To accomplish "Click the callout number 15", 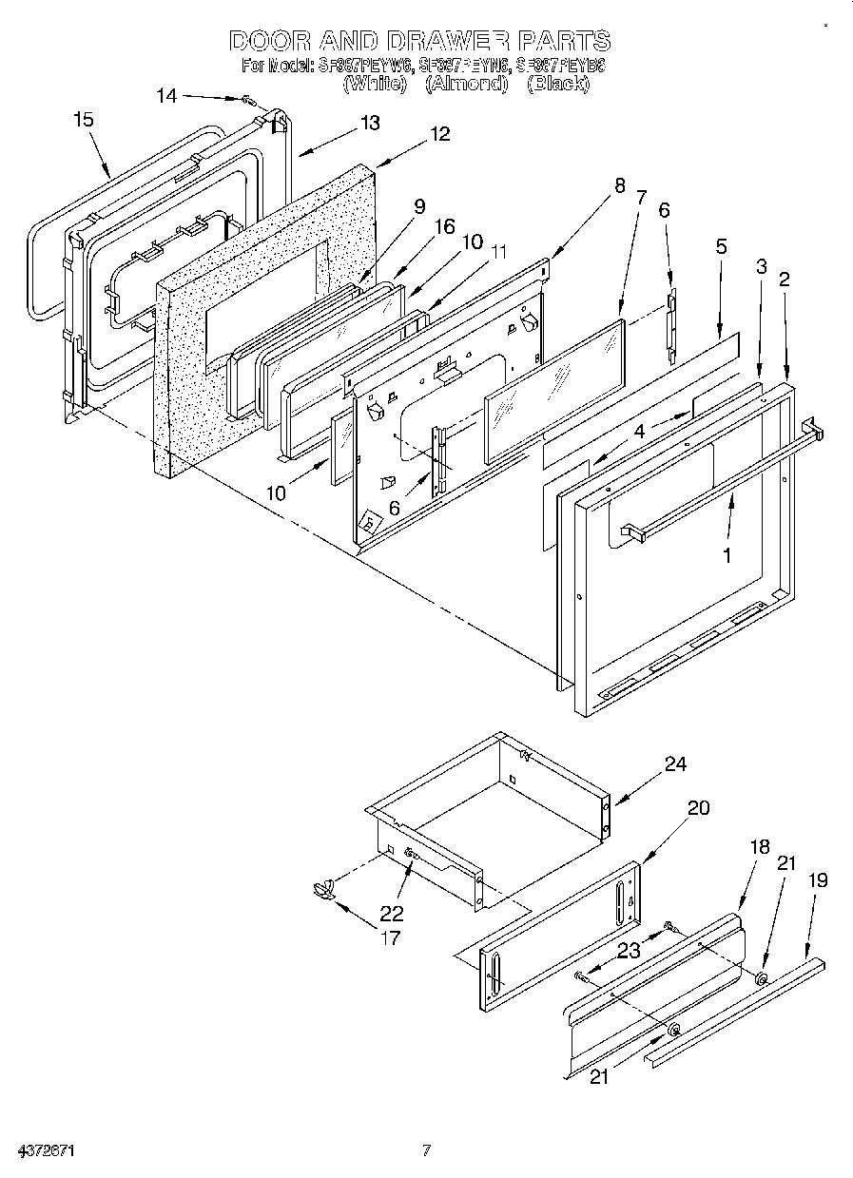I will tap(84, 119).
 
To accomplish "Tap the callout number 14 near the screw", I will tap(166, 95).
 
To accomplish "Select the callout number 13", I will tap(368, 123).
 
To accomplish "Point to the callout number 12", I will tap(439, 134).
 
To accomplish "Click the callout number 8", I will tap(620, 186).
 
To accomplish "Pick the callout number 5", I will tap(722, 246).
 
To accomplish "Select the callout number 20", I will tap(698, 808).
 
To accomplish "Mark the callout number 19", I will tap(817, 880).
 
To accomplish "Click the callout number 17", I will tap(390, 938).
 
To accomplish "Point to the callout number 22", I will tap(391, 914).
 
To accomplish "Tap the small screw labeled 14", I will tap(247, 100).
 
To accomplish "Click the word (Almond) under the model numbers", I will tap(466, 84).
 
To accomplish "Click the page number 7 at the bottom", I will tap(427, 1151).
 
